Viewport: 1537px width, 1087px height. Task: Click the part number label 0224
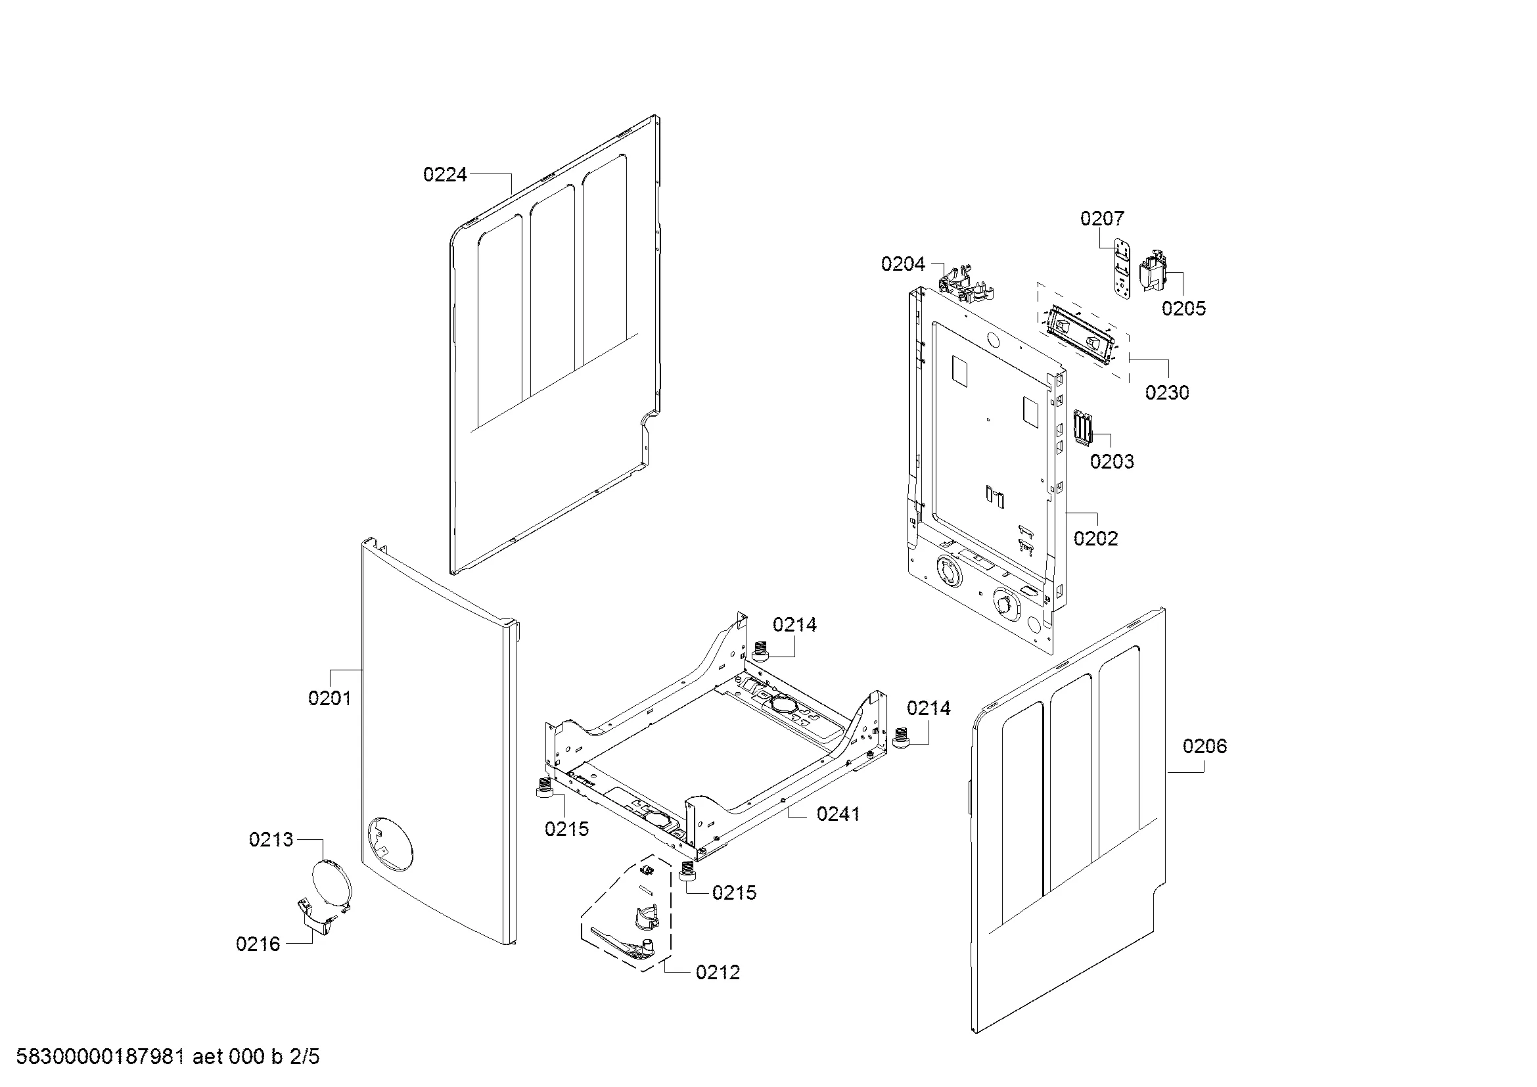pos(444,175)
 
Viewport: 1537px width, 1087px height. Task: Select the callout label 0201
pos(329,699)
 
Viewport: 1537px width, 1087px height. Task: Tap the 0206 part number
pos(1204,747)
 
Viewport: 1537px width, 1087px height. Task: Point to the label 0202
pos(1096,539)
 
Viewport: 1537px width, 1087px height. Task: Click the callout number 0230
pos(1167,393)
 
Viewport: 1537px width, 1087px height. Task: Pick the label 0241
pos(838,814)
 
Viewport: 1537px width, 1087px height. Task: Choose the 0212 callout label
pos(718,973)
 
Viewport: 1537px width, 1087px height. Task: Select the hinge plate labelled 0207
pos(1122,270)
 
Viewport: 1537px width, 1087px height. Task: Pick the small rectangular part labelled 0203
pos(1082,427)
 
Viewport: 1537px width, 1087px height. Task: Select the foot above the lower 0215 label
pos(685,873)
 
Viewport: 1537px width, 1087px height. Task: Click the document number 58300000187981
pos(100,1057)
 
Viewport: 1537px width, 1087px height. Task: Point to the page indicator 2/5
pos(305,1057)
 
